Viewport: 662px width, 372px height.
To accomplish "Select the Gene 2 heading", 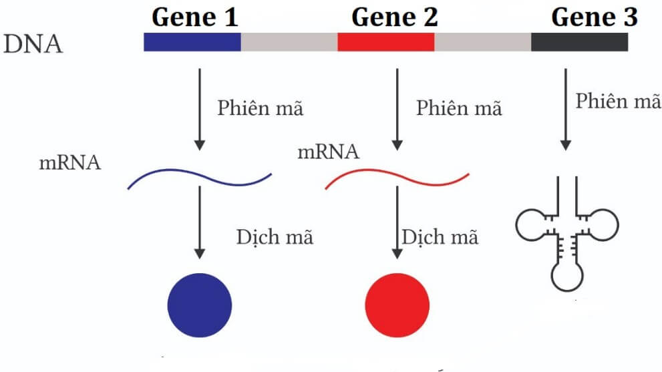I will click(394, 17).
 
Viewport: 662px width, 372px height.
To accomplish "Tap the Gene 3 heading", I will click(594, 17).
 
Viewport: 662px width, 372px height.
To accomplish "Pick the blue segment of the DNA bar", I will click(192, 42).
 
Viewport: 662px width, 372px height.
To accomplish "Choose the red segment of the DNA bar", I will click(385, 42).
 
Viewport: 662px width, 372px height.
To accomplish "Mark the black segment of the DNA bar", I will click(579, 42).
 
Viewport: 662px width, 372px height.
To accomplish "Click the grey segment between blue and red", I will click(289, 42).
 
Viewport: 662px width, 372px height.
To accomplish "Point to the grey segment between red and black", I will click(482, 42).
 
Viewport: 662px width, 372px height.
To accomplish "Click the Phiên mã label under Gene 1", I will click(260, 108).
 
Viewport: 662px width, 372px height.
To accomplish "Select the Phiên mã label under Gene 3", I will click(619, 102).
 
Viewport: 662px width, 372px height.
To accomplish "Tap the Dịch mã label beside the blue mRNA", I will click(274, 237).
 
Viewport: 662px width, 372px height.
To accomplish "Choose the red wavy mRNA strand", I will click(397, 178).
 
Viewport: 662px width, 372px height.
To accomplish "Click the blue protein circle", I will click(199, 305).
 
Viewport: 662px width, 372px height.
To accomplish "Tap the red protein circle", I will click(397, 305).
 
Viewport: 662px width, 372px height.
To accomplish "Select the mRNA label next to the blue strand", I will click(70, 162).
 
